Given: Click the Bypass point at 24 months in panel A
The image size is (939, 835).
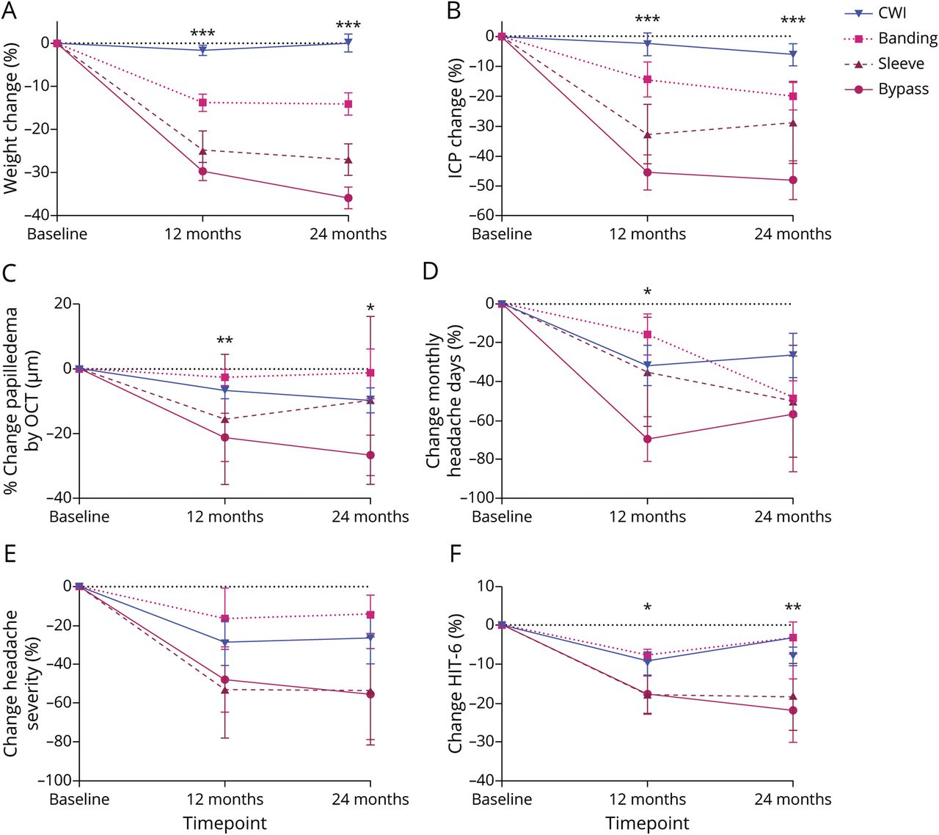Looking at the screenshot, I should pyautogui.click(x=348, y=198).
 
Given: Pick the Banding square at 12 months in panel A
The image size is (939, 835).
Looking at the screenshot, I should pyautogui.click(x=202, y=103).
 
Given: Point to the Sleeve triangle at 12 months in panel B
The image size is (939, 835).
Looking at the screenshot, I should pyautogui.click(x=647, y=135).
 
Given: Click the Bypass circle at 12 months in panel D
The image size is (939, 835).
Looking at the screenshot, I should pyautogui.click(x=647, y=439).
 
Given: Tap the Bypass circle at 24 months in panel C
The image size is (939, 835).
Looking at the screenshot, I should pyautogui.click(x=370, y=456).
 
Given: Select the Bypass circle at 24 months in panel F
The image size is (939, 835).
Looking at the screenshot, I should pyautogui.click(x=793, y=710).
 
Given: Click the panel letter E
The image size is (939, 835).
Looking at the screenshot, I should pyautogui.click(x=10, y=553).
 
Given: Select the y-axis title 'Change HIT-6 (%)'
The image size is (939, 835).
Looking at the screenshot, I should pyautogui.click(x=456, y=682).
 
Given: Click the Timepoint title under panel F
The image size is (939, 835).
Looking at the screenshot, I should pyautogui.click(x=647, y=823).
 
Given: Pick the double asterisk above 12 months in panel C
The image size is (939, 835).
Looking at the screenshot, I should pyautogui.click(x=224, y=341).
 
